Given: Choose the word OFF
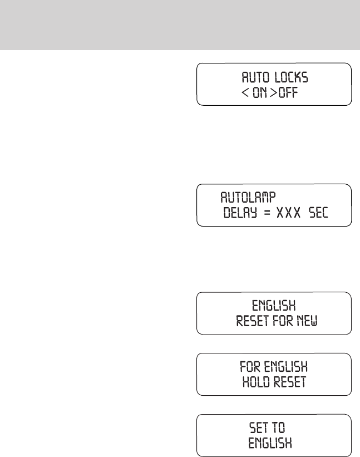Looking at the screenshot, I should pyautogui.click(x=289, y=92).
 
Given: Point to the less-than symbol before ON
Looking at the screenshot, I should pyautogui.click(x=244, y=92).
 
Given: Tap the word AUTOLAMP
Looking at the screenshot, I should pyautogui.click(x=248, y=197).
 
